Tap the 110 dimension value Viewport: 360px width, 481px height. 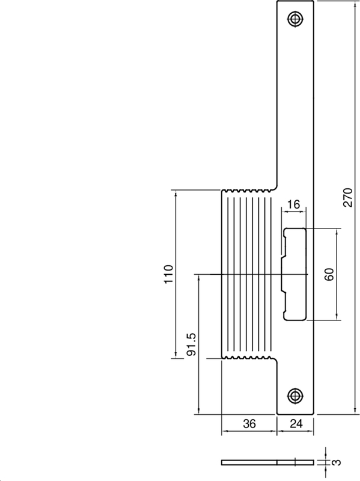click(x=168, y=274)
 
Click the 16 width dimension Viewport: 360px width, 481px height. click(x=293, y=204)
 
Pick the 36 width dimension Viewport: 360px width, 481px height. click(x=249, y=424)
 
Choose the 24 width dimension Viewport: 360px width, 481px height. click(x=296, y=424)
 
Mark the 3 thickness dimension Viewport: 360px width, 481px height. click(x=337, y=462)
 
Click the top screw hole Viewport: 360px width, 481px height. click(x=294, y=19)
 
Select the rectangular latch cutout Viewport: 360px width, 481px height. click(x=294, y=274)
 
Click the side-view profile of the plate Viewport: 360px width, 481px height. click(x=267, y=462)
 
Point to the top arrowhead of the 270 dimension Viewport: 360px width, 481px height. click(x=356, y=5)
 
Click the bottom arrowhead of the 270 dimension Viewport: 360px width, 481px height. click(x=356, y=411)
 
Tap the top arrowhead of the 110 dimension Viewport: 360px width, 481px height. click(x=177, y=194)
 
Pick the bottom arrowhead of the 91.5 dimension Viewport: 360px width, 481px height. click(x=197, y=411)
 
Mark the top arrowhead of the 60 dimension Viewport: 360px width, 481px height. click(x=337, y=231)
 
